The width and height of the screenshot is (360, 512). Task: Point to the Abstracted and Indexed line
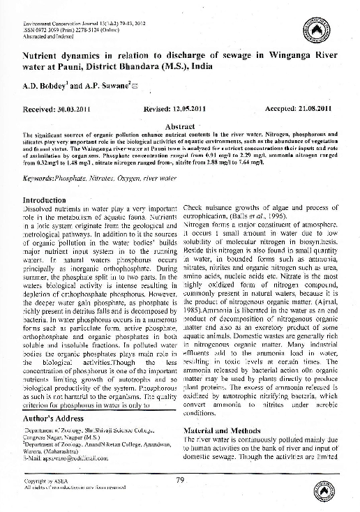[47, 36]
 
